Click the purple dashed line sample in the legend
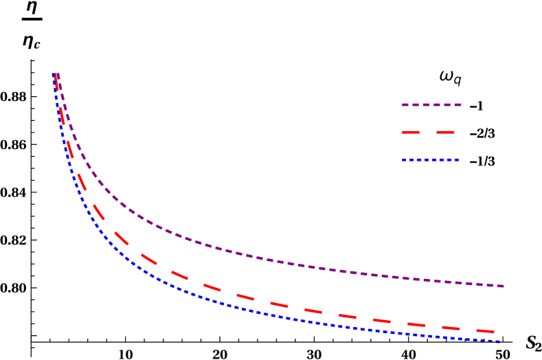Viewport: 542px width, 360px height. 431,105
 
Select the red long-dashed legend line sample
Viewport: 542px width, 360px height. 427,132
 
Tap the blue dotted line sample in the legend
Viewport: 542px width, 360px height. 429,160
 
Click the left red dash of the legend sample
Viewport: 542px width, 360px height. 410,132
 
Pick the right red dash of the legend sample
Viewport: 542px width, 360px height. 444,132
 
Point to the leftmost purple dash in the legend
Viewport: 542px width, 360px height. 405,105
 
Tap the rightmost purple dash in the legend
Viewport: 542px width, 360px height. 458,105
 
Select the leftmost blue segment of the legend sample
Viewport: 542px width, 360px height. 403,160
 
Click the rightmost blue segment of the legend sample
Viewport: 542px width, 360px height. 456,160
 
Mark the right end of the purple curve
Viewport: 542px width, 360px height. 504,286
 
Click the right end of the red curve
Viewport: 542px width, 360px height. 493,332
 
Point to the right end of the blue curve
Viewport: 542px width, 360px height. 499,341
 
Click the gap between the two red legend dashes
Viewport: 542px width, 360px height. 427,132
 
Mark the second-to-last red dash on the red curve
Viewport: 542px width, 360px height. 451,328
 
